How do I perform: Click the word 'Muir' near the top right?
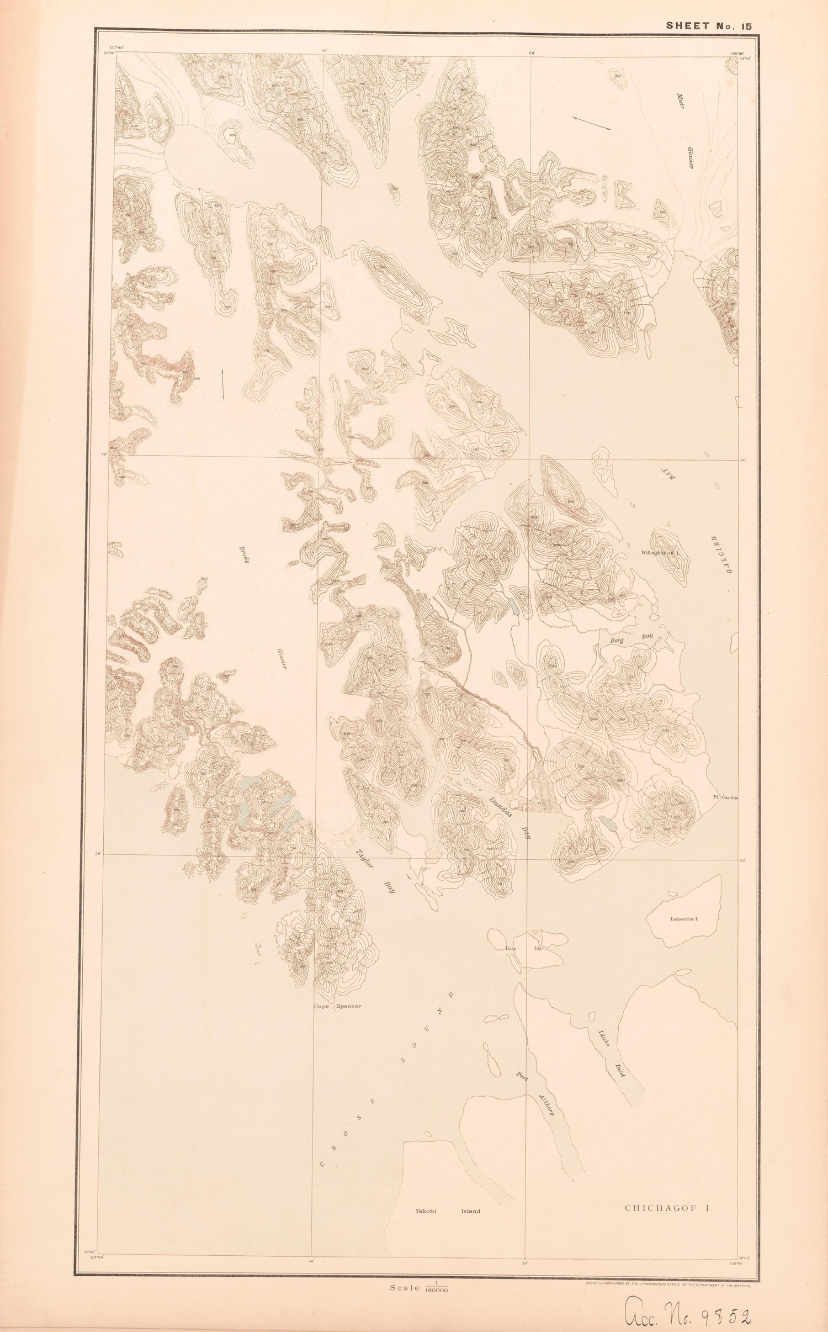click(680, 103)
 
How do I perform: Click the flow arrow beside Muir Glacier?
click(591, 123)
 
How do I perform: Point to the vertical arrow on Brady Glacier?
click(222, 384)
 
